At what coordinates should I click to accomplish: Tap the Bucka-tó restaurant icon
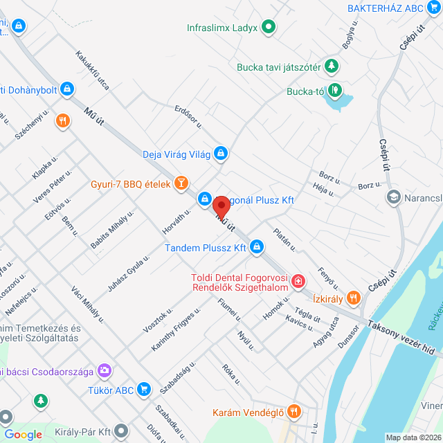coord(334,89)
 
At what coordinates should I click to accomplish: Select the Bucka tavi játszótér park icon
coord(333,66)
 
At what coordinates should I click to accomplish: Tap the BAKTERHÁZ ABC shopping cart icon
coord(433,8)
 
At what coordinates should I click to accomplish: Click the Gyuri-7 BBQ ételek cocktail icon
coord(181,183)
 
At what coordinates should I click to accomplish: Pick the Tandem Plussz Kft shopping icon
coord(257,246)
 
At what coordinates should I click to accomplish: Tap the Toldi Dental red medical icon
coord(298,282)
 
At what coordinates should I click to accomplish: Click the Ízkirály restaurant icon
coord(353,298)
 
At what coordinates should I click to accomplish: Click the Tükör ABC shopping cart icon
coord(143,390)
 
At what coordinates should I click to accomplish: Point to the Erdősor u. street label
coord(188,116)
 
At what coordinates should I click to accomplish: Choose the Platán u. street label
coord(284,239)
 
